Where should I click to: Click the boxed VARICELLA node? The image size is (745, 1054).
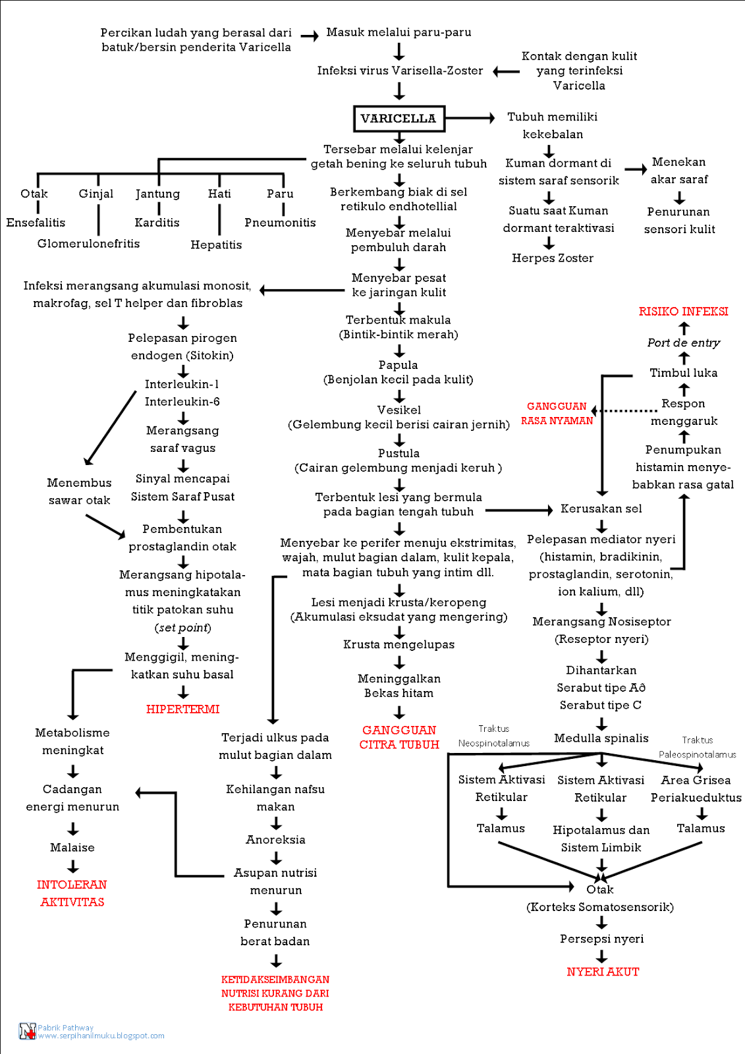(x=399, y=119)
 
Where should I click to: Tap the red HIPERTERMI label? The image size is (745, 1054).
(x=182, y=709)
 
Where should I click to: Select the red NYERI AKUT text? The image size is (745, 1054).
(x=602, y=972)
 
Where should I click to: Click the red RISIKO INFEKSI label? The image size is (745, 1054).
(x=683, y=312)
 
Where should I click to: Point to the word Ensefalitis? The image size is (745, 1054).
(x=36, y=223)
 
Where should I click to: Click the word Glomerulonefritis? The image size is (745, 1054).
(x=88, y=244)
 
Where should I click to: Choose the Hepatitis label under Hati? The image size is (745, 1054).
(x=216, y=245)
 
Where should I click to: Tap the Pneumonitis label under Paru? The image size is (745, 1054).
(x=280, y=223)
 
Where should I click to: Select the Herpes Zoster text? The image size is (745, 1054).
(x=552, y=258)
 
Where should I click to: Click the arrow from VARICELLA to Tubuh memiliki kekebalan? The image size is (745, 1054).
(x=469, y=118)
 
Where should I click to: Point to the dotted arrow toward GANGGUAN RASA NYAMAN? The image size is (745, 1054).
(x=626, y=410)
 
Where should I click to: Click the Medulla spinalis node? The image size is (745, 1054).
(x=601, y=738)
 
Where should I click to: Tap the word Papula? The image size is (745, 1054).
(x=398, y=365)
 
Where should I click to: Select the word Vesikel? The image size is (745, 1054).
(x=399, y=410)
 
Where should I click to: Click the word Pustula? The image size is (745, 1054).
(x=399, y=453)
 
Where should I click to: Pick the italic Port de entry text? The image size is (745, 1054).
(x=683, y=343)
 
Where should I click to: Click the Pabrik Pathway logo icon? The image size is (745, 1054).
(x=27, y=1031)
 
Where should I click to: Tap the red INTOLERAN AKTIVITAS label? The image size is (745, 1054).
(x=72, y=893)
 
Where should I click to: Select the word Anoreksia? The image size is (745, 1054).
(x=275, y=840)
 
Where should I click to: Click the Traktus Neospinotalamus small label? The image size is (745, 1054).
(x=493, y=736)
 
